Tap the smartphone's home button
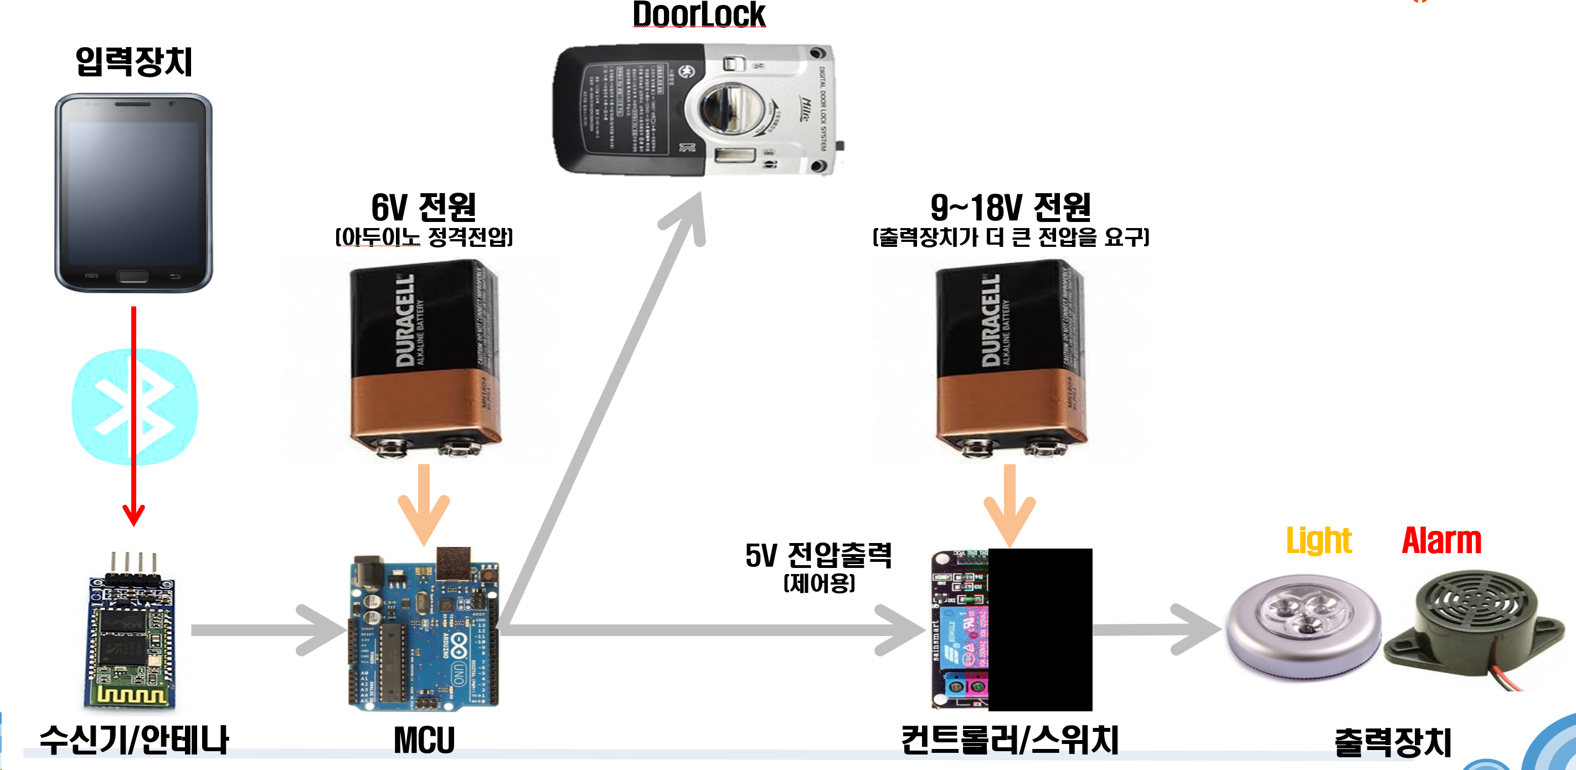point(133,276)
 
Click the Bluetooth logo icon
point(135,406)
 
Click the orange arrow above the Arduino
point(424,504)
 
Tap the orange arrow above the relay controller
point(1010,504)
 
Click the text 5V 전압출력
point(818,555)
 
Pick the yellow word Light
point(1319,541)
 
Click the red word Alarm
point(1441,541)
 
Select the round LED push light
point(1303,627)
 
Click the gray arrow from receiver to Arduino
point(269,630)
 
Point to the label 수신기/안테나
point(134,740)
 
